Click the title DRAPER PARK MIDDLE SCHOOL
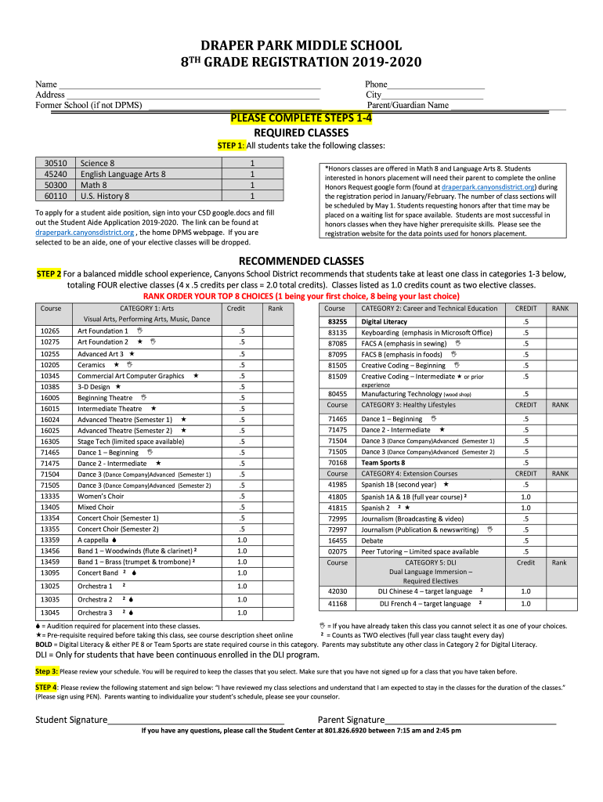tap(301, 45)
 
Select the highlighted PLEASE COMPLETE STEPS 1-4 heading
tap(301, 118)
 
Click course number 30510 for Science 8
tap(56, 163)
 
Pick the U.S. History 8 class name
tap(106, 196)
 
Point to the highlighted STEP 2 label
tap(49, 274)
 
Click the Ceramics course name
tap(91, 365)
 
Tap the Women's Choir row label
tap(100, 496)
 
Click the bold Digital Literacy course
tap(384, 321)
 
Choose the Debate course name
tap(372, 540)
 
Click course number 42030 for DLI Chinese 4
tap(338, 591)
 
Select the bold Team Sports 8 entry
tap(383, 463)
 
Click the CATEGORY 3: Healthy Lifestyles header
tap(408, 405)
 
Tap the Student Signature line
tap(196, 720)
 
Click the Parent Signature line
tap(470, 720)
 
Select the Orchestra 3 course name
tap(95, 612)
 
